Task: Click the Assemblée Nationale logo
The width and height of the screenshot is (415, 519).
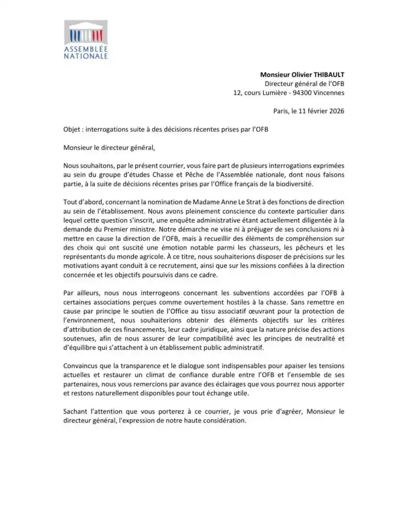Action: coord(86,40)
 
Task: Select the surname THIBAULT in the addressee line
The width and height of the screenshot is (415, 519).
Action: coord(327,75)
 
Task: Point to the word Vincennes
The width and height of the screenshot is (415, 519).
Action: coord(329,93)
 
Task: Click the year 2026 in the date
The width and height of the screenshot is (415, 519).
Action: coord(335,111)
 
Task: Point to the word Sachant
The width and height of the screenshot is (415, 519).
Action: coord(76,412)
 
